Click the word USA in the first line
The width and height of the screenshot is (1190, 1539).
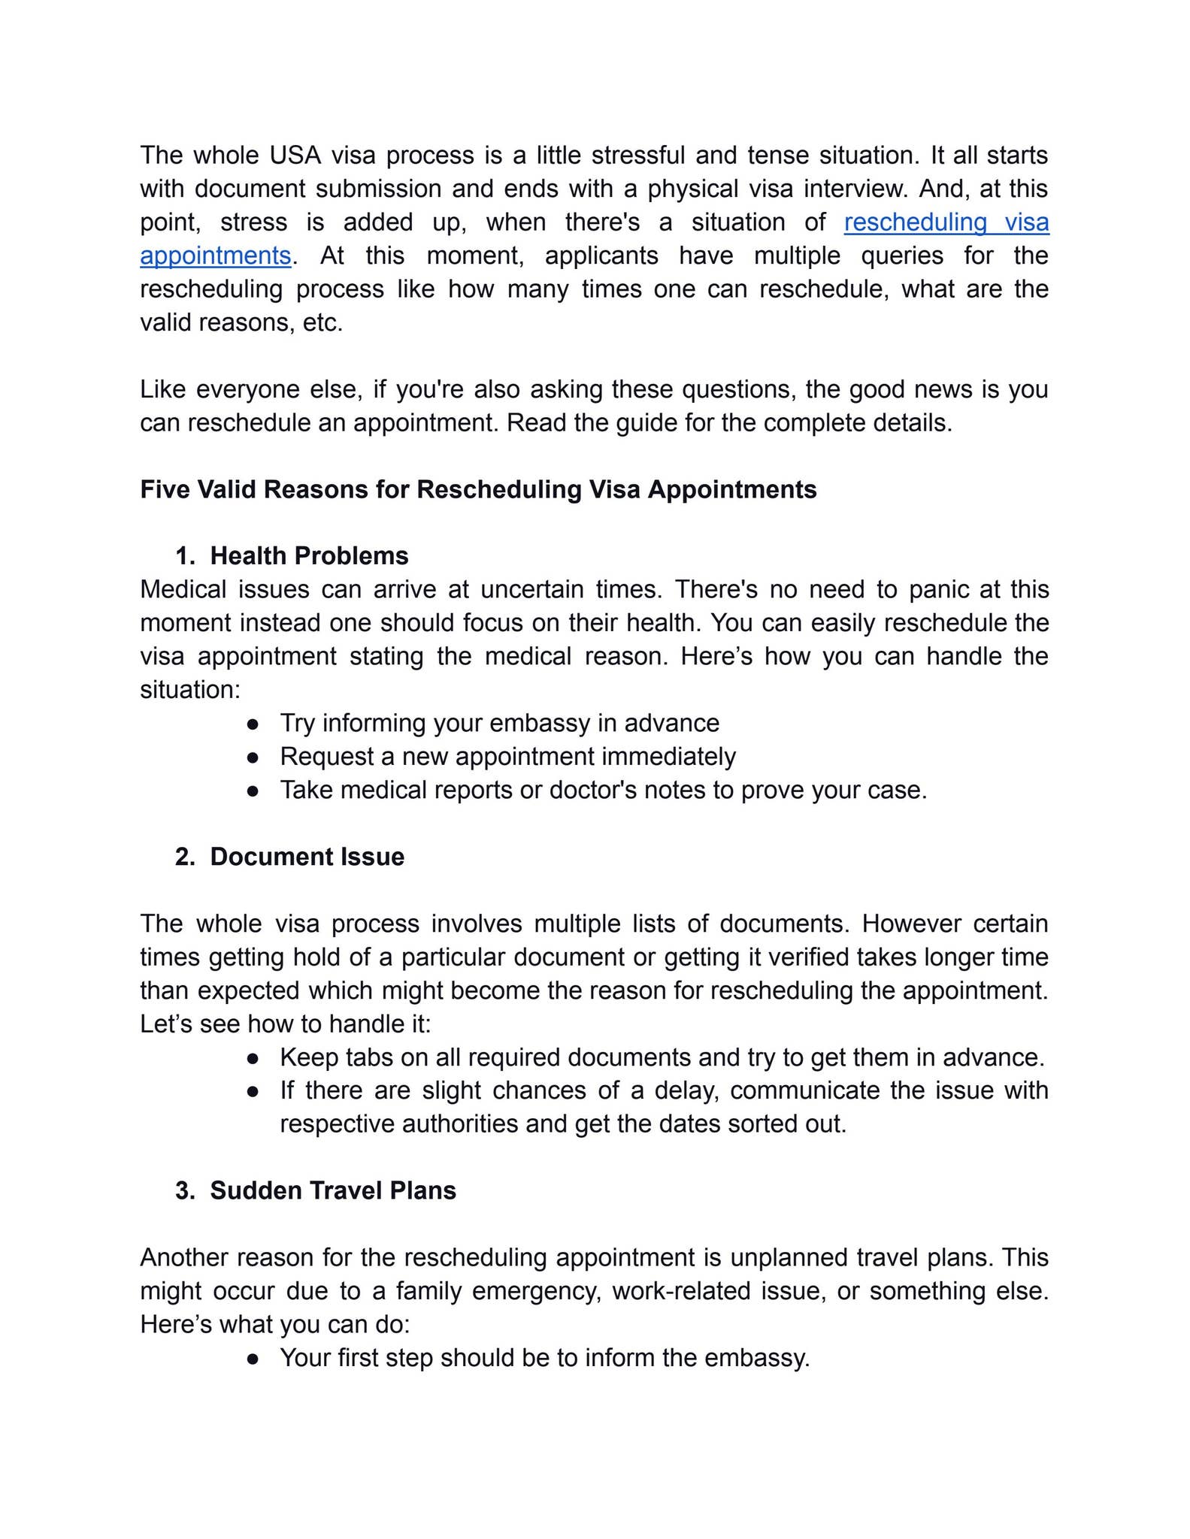tap(295, 156)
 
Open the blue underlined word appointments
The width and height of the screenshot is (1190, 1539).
tap(215, 256)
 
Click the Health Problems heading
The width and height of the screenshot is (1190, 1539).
tap(309, 556)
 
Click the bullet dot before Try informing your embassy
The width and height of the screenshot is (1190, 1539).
tap(253, 724)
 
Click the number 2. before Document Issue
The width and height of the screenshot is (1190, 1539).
tap(185, 857)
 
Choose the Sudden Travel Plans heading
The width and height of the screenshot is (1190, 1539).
tap(332, 1191)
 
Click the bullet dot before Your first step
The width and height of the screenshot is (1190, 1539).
tap(253, 1359)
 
